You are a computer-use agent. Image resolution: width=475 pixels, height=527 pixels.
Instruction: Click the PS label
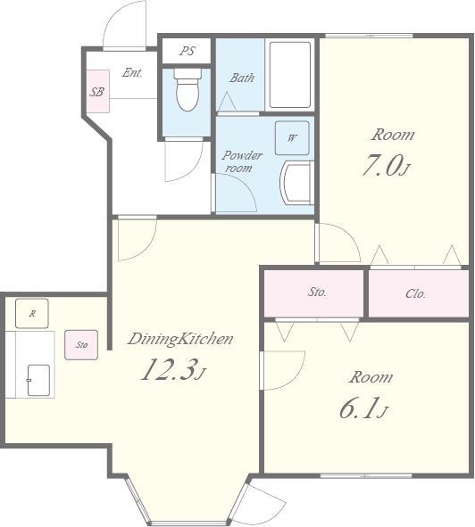[x=187, y=51]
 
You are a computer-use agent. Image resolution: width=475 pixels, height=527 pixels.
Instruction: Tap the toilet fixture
[x=187, y=89]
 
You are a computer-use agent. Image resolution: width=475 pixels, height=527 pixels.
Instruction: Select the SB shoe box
[x=97, y=91]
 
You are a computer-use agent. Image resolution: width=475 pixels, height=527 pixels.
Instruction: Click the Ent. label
[x=132, y=72]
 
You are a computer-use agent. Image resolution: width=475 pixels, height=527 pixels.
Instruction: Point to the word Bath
[x=242, y=78]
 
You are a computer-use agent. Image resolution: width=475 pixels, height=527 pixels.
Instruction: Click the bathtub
[x=290, y=75]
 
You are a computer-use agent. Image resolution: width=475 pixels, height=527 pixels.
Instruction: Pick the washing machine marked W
[x=292, y=138]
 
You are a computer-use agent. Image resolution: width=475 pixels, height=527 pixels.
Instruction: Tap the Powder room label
[x=242, y=161]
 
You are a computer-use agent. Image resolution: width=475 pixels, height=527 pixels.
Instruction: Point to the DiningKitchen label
[x=180, y=339]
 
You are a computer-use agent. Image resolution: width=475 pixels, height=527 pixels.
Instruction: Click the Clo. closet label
[x=416, y=293]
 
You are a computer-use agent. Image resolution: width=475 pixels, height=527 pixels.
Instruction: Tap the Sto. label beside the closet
[x=317, y=292]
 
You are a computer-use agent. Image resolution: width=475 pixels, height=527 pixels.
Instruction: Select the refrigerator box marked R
[x=32, y=313]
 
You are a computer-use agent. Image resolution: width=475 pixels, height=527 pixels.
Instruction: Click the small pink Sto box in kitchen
[x=81, y=345]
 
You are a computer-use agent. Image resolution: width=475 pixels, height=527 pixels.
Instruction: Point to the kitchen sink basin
[x=38, y=380]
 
